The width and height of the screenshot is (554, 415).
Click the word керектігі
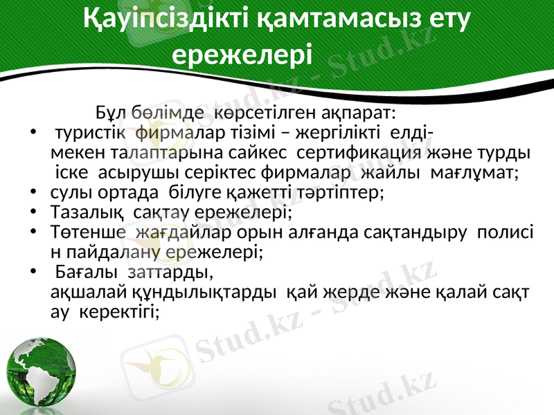[121, 311]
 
